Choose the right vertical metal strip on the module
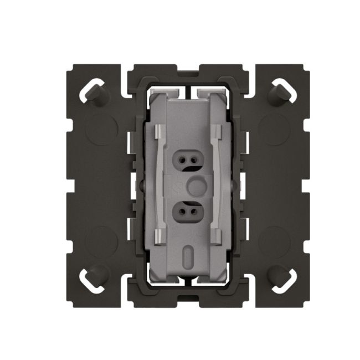[x=217, y=183]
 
